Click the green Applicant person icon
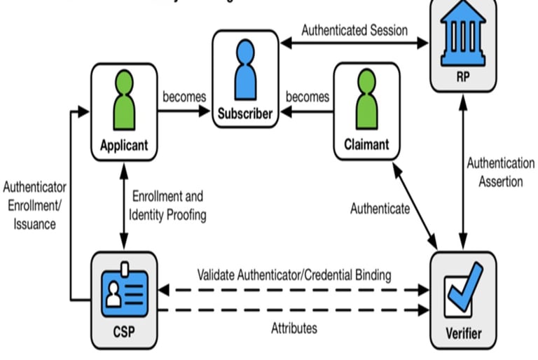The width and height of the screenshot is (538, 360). pos(125,101)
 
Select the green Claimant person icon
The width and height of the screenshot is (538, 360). pos(366,101)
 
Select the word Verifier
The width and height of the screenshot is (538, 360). pos(463,333)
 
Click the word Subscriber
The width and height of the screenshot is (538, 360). pos(244,113)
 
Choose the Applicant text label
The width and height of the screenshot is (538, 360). pos(125,146)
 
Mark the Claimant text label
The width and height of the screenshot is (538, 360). pos(366,146)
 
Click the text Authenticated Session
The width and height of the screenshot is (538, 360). pos(354,30)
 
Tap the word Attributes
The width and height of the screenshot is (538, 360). pos(294,327)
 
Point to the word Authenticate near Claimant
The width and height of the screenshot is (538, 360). pos(380,208)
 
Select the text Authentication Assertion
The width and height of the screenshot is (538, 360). pos(500,172)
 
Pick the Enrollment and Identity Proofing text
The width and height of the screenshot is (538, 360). pos(170,206)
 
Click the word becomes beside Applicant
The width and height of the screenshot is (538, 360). pos(184,96)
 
